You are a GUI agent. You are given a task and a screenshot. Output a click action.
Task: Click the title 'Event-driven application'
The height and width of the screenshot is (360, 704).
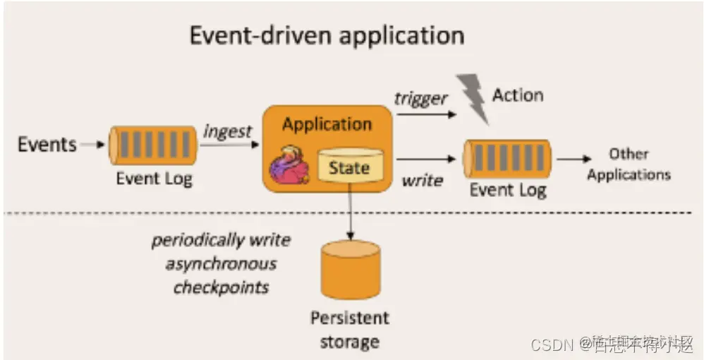[327, 35]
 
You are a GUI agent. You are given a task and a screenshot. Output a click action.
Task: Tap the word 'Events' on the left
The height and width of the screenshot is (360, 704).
[47, 145]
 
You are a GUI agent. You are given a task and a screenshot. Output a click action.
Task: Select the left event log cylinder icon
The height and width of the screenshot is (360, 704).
[152, 145]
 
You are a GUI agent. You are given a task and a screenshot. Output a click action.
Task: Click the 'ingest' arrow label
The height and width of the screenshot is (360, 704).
[227, 131]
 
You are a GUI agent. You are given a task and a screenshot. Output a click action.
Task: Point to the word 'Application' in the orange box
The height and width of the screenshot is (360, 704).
[327, 125]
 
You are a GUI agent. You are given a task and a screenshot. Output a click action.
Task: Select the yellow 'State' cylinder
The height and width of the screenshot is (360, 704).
[349, 167]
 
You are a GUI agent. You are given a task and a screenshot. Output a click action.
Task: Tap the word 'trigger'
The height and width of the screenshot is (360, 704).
[421, 98]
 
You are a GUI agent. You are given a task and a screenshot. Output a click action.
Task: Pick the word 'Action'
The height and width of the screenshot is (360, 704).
[518, 95]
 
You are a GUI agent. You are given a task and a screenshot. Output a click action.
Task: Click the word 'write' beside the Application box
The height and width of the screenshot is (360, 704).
[422, 180]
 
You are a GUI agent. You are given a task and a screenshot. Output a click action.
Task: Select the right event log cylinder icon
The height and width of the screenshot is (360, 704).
[506, 159]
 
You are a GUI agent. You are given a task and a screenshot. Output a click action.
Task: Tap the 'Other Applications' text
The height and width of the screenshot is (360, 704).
[629, 164]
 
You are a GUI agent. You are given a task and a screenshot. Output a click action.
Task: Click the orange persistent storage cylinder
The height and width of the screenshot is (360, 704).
[350, 270]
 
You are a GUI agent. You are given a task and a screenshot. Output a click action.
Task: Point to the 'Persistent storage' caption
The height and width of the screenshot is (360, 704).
[350, 330]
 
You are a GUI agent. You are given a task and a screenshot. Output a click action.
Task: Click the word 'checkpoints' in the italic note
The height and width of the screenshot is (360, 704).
[221, 287]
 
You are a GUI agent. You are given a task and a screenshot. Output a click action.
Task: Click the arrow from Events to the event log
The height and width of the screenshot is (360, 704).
[92, 145]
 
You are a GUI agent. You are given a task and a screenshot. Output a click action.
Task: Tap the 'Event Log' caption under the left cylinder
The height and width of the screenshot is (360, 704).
[154, 179]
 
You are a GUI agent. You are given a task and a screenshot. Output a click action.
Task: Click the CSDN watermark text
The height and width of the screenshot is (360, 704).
[552, 344]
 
